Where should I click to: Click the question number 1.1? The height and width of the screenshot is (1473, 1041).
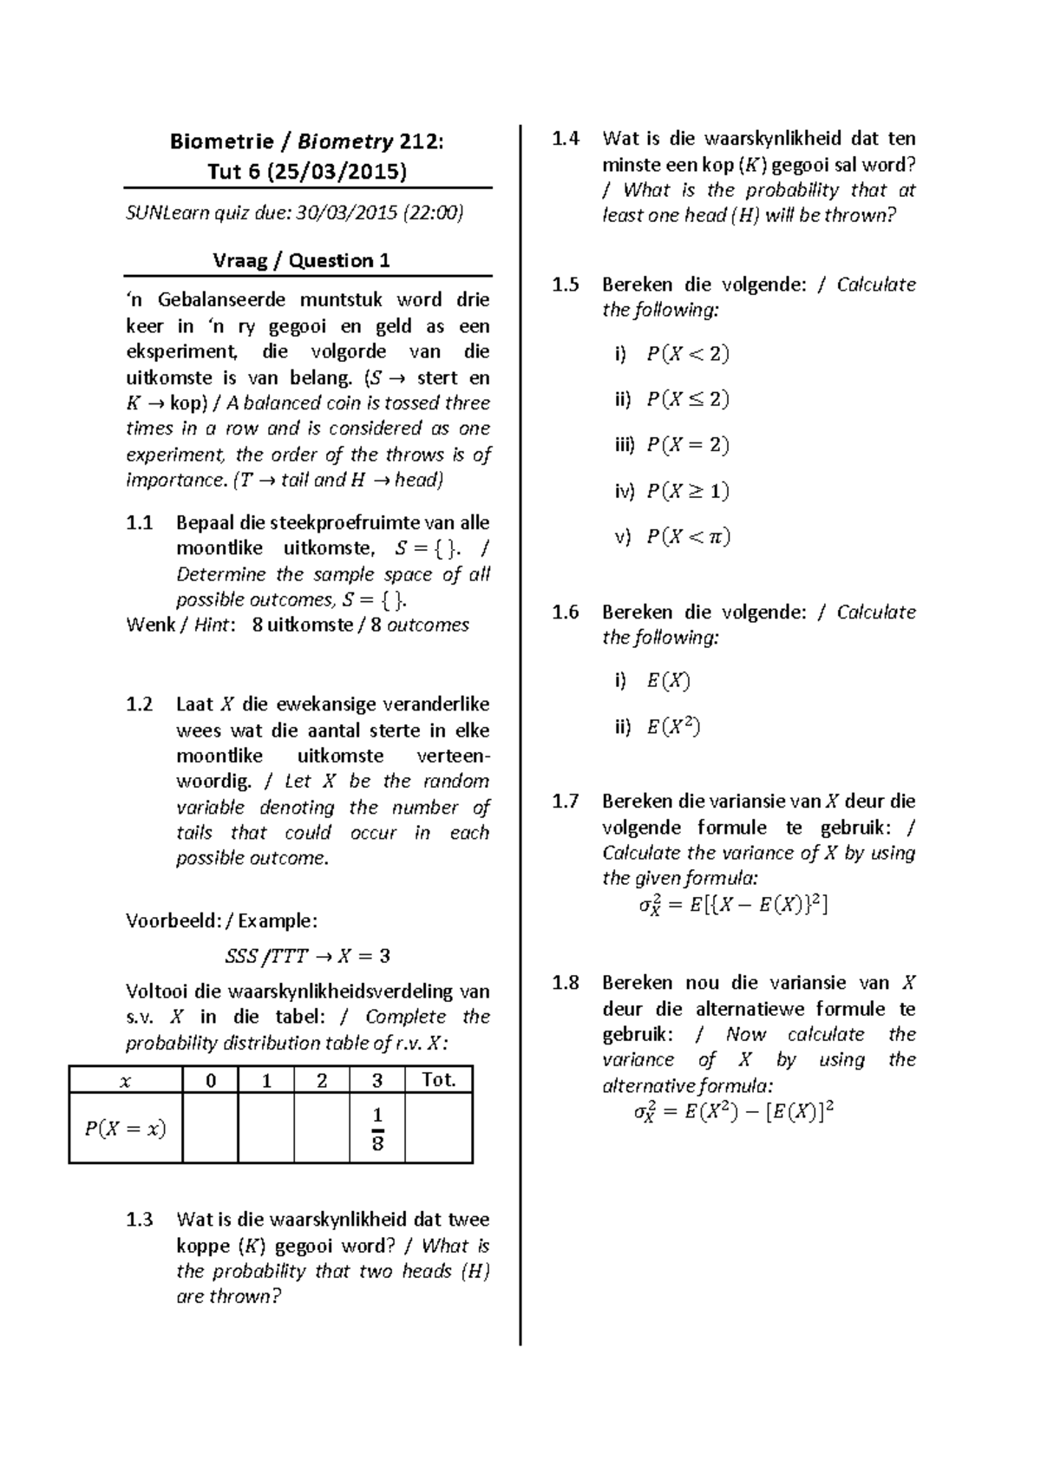139,523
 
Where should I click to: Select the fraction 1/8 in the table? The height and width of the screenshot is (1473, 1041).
377,1128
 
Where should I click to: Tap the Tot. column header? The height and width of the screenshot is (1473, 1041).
438,1080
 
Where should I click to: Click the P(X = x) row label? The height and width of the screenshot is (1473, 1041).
125,1128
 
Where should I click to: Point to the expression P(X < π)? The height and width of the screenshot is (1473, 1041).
688,537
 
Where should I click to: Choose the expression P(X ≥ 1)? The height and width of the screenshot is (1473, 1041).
687,492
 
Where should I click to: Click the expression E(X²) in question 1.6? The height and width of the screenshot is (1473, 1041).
673,727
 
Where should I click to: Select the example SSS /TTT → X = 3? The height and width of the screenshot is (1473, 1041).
307,957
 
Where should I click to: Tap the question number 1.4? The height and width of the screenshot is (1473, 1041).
565,139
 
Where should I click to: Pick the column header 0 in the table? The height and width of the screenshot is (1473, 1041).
210,1080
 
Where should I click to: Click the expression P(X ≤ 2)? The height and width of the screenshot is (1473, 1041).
687,400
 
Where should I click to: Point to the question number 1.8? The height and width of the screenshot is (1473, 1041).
565,983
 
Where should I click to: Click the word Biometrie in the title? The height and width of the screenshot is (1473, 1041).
221,141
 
